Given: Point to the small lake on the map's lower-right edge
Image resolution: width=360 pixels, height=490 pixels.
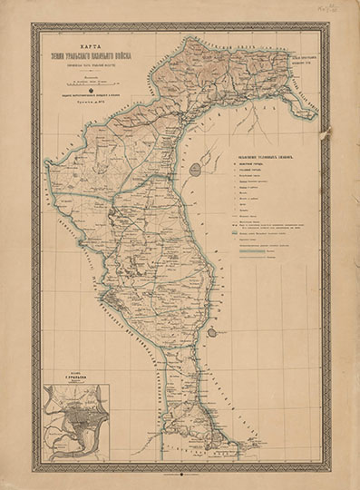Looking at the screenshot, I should coord(211,332).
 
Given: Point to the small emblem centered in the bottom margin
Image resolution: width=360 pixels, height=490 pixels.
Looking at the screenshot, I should coord(180,470).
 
